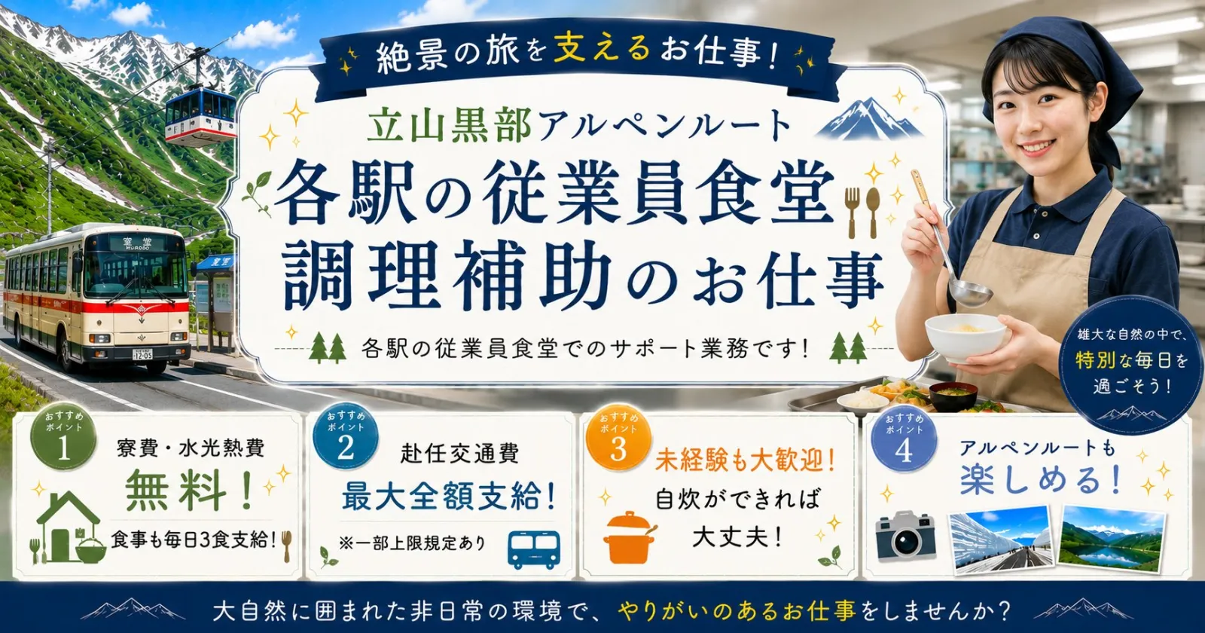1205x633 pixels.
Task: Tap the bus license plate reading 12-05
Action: click(142, 354)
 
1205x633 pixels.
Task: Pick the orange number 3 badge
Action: click(618, 440)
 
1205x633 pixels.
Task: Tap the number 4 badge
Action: click(904, 442)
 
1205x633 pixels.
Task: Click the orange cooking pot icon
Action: click(628, 537)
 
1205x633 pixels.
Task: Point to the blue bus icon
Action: click(534, 549)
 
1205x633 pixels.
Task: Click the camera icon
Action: click(905, 536)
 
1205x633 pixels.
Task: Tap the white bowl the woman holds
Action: click(965, 337)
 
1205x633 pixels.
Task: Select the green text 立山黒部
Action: click(449, 124)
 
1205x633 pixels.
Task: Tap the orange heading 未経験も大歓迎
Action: click(744, 461)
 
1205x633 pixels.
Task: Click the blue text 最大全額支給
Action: click(449, 496)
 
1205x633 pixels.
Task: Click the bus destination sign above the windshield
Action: click(138, 243)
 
